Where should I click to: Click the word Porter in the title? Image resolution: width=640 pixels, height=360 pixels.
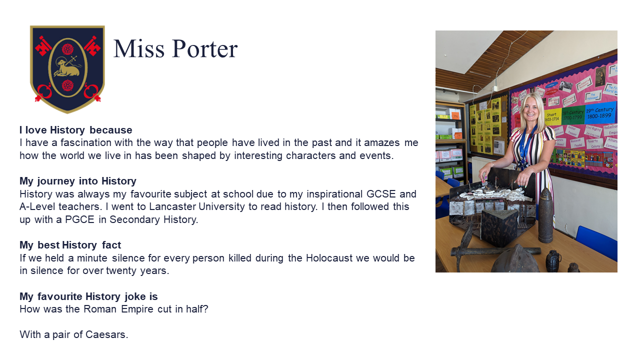[x=204, y=48]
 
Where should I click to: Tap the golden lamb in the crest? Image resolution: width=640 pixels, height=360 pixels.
[x=67, y=67]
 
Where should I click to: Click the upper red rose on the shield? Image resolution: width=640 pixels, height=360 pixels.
[x=67, y=49]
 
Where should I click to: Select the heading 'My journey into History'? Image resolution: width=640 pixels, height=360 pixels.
[x=77, y=181]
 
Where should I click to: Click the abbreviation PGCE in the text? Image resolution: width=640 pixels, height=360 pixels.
[x=79, y=219]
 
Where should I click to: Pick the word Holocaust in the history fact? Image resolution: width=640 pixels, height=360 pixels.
[x=329, y=258]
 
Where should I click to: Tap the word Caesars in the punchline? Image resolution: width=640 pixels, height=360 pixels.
[x=106, y=334]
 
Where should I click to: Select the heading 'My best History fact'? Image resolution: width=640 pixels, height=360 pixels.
[x=70, y=245]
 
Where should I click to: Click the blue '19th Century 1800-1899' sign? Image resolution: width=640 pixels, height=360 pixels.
[x=600, y=113]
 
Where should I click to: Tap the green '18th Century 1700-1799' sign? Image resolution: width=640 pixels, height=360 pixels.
[x=572, y=115]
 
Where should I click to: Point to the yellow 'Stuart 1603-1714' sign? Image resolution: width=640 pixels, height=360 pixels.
[x=552, y=117]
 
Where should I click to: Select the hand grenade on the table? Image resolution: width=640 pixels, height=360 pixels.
[x=553, y=260]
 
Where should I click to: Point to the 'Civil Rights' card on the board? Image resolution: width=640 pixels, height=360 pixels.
[x=593, y=129]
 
